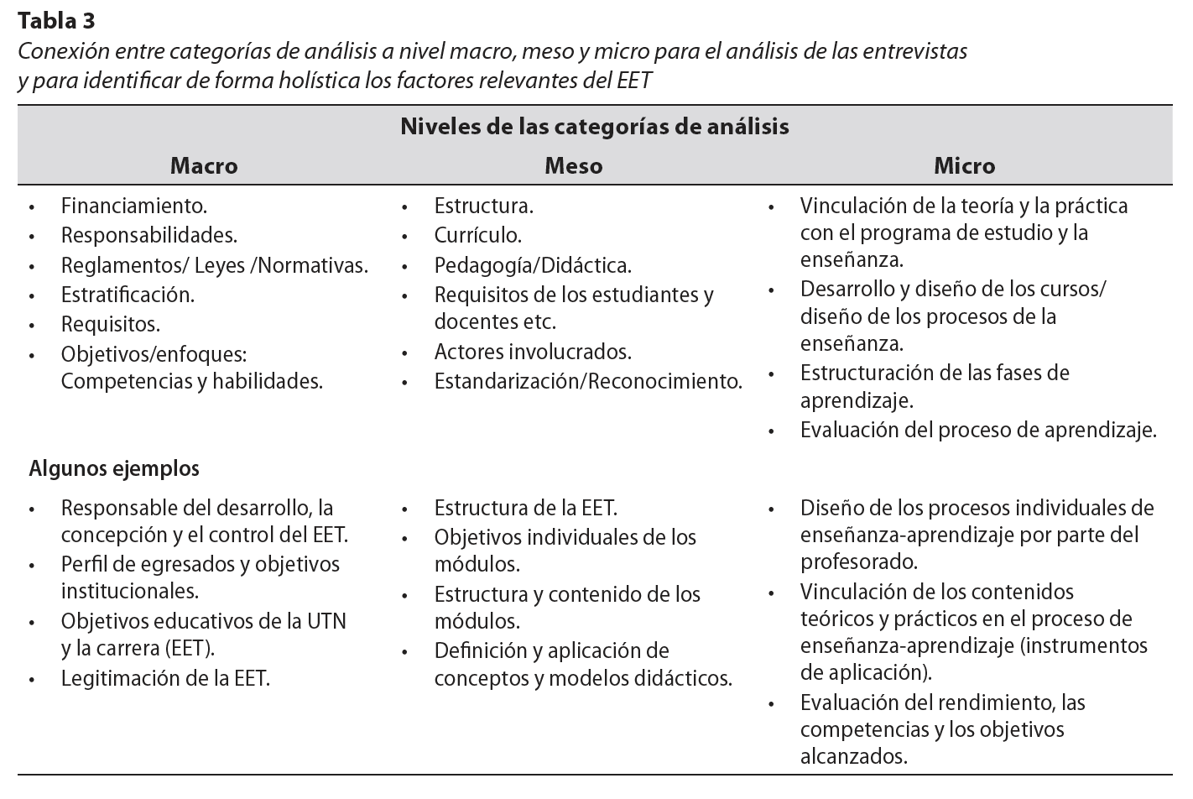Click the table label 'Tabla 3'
click(x=55, y=21)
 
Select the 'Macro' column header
click(x=204, y=165)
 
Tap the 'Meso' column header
click(x=574, y=165)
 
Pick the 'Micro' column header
click(x=965, y=165)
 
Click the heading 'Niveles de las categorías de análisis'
click(x=595, y=127)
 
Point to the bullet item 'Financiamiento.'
click(x=134, y=206)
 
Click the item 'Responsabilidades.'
click(x=149, y=235)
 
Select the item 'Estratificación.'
click(x=128, y=295)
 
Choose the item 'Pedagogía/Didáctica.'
click(x=533, y=265)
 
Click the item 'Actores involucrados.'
click(x=533, y=352)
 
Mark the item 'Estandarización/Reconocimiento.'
click(x=588, y=381)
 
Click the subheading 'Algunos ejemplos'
click(x=114, y=468)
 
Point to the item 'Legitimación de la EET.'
click(x=165, y=678)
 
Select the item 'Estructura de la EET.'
click(x=526, y=508)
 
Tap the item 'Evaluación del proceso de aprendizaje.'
click(x=978, y=431)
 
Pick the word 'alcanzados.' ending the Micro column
click(x=854, y=756)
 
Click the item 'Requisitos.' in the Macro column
click(x=111, y=324)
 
